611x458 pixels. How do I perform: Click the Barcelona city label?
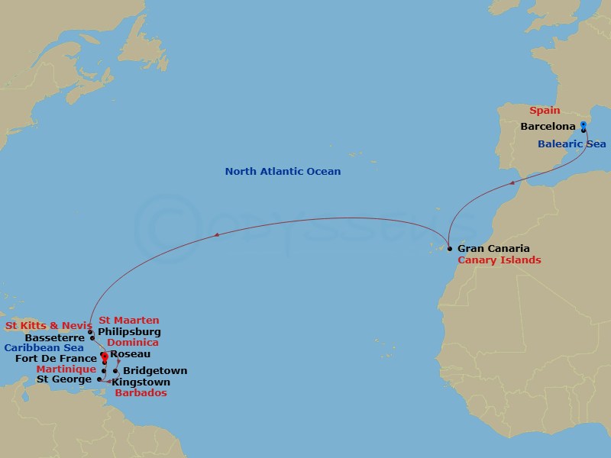(547, 127)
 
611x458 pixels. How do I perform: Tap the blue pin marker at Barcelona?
(583, 125)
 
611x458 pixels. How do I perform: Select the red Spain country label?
(545, 111)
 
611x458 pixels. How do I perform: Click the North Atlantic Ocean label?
(283, 172)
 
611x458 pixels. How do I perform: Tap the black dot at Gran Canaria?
(449, 249)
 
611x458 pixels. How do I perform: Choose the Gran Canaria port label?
(493, 249)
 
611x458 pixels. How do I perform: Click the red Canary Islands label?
(499, 260)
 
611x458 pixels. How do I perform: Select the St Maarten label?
(129, 321)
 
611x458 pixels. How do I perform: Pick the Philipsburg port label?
(129, 332)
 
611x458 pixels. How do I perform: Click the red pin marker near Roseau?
(104, 356)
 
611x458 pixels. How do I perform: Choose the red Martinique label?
(66, 369)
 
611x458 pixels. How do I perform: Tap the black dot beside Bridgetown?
(115, 372)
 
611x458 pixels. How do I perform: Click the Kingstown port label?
(141, 382)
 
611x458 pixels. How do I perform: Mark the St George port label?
(64, 379)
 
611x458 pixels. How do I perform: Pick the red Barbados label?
(141, 394)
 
